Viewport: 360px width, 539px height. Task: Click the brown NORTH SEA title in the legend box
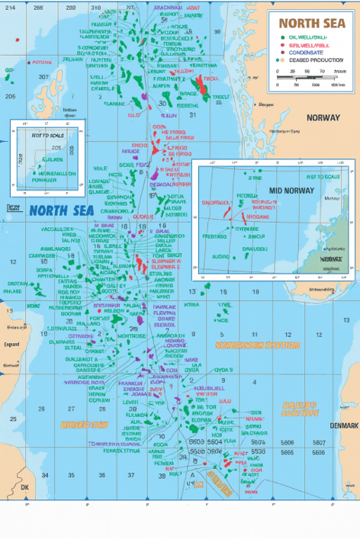coord(311,23)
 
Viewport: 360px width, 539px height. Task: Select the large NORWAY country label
coord(323,118)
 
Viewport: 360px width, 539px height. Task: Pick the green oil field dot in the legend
coord(281,37)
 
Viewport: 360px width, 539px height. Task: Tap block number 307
coord(43,77)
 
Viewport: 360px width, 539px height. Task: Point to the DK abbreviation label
coord(24,486)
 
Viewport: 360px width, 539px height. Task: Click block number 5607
coord(319,441)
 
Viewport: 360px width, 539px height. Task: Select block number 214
coord(9,7)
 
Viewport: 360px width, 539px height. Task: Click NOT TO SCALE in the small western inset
coord(44,136)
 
